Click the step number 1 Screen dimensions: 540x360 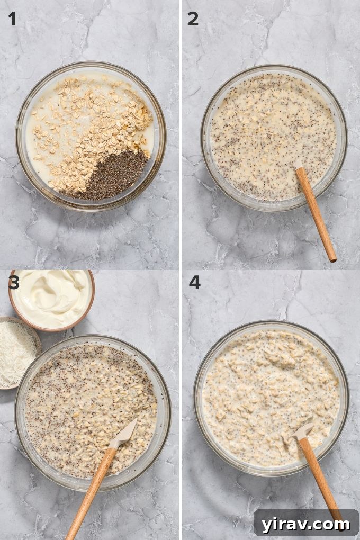[12, 19]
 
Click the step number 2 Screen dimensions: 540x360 [193, 19]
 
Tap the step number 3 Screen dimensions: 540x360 [14, 283]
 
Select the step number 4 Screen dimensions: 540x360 [194, 282]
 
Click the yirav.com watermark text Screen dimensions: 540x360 [305, 524]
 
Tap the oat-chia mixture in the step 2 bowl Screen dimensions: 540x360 [265, 132]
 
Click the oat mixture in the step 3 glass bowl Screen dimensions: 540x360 [79, 402]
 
